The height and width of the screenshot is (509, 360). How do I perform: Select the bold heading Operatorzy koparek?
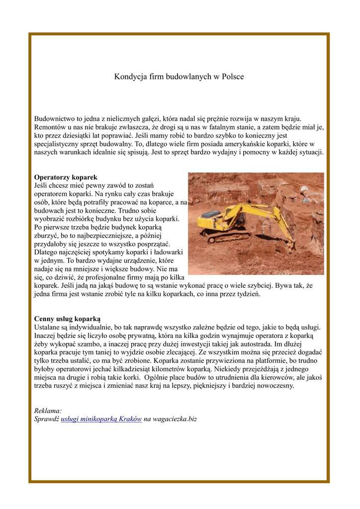66,177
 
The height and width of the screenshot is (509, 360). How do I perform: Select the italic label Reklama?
48,411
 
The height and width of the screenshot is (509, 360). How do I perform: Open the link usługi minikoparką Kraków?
101,419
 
